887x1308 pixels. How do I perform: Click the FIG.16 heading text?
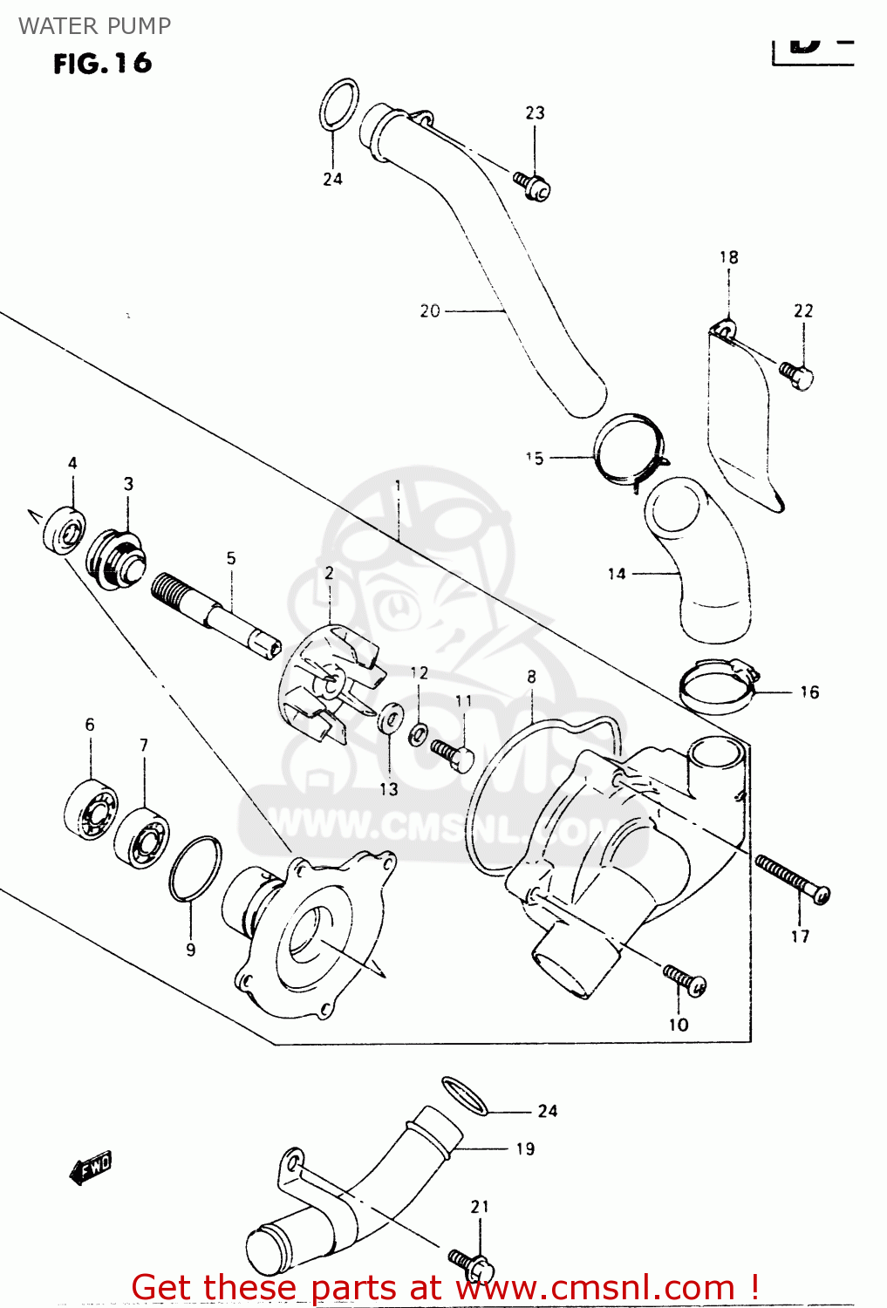pyautogui.click(x=102, y=64)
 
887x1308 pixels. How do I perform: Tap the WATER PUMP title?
pyautogui.click(x=94, y=26)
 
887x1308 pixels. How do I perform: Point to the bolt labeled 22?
pyautogui.click(x=796, y=376)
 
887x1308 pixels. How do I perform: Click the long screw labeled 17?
pyautogui.click(x=792, y=879)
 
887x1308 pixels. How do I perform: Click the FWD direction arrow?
pyautogui.click(x=91, y=1167)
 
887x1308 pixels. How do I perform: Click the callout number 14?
pyautogui.click(x=617, y=574)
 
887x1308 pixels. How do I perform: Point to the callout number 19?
pyautogui.click(x=525, y=1148)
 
